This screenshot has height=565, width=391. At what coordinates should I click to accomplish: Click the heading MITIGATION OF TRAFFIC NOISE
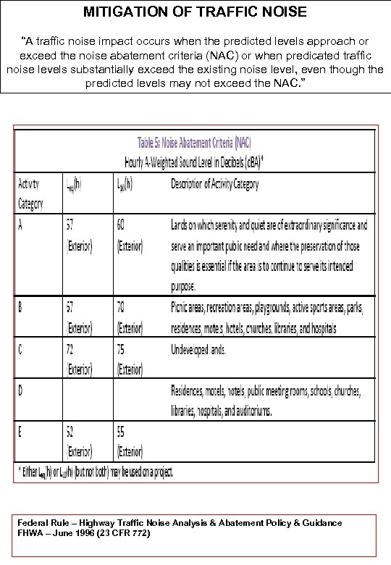195,12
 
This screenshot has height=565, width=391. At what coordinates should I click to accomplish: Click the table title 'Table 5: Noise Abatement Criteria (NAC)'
195,142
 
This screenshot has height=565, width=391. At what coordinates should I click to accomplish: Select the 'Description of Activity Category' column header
214,184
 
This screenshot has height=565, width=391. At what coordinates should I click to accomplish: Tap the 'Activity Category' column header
30,193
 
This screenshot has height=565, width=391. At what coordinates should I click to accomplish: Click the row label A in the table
21,225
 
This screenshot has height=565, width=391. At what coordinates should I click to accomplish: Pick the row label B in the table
21,307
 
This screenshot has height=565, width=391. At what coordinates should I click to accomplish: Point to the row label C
21,350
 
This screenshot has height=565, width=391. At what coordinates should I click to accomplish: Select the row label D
21,390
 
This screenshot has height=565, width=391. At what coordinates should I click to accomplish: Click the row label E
21,432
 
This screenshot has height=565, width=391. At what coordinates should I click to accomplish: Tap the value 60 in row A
122,225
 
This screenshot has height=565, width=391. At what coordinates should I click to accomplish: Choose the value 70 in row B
122,307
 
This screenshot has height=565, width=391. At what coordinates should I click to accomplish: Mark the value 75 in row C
122,350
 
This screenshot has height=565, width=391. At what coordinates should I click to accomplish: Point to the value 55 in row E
122,432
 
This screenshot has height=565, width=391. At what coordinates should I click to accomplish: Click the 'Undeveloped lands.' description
198,350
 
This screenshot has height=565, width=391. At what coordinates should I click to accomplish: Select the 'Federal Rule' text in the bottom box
43,522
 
